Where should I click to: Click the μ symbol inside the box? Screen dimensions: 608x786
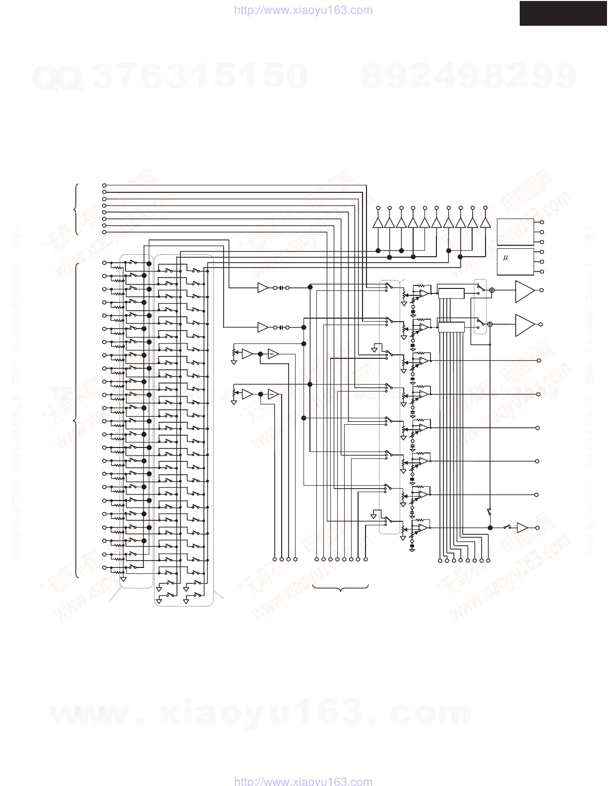point(505,258)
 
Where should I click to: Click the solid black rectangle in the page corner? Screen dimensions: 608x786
point(563,13)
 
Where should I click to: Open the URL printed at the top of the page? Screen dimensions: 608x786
point(303,10)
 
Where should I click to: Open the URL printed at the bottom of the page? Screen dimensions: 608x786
point(303,781)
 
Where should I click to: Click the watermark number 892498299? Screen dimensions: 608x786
point(469,77)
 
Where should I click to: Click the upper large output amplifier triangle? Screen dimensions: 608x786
point(524,291)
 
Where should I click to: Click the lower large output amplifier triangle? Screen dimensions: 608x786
point(524,325)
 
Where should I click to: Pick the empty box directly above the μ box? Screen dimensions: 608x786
point(515,231)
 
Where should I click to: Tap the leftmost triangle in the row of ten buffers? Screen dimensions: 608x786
point(377,223)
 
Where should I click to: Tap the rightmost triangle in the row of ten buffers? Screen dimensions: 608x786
point(485,223)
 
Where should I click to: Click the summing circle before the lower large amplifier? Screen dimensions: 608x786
point(490,324)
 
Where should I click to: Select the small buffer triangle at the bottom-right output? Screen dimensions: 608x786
point(522,528)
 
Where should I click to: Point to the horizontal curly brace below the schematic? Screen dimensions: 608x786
point(341,588)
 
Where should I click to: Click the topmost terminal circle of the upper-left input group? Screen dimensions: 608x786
point(104,185)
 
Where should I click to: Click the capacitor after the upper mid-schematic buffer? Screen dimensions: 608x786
point(281,287)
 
